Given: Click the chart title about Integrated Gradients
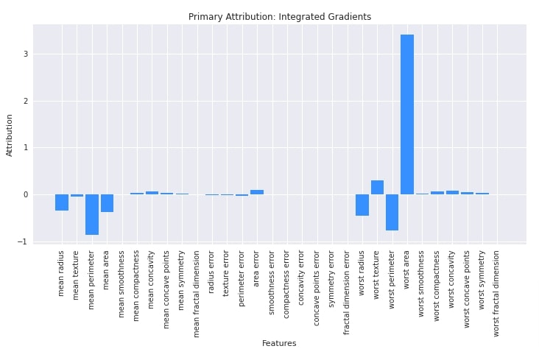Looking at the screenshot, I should [280, 17].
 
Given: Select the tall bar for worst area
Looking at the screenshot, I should [407, 114].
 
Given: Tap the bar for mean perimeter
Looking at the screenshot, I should [92, 214].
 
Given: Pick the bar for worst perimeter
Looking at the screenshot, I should [392, 212].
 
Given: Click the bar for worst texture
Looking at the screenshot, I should [377, 188].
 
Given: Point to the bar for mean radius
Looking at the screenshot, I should [62, 202].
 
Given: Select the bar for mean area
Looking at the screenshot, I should [107, 203].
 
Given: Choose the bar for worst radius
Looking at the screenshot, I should [362, 205].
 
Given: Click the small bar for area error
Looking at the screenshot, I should [257, 192].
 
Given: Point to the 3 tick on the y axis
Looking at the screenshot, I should [25, 54].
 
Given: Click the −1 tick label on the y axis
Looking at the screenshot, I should [23, 241].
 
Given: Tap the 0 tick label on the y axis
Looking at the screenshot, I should [25, 194].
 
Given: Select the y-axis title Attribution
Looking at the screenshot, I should [10, 135].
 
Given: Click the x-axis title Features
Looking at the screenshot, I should [279, 343].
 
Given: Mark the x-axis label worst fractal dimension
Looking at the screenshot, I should [497, 293].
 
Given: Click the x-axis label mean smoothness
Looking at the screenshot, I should [122, 283].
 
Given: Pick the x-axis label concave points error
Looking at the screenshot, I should [317, 287].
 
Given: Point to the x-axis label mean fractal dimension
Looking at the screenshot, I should [197, 293].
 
